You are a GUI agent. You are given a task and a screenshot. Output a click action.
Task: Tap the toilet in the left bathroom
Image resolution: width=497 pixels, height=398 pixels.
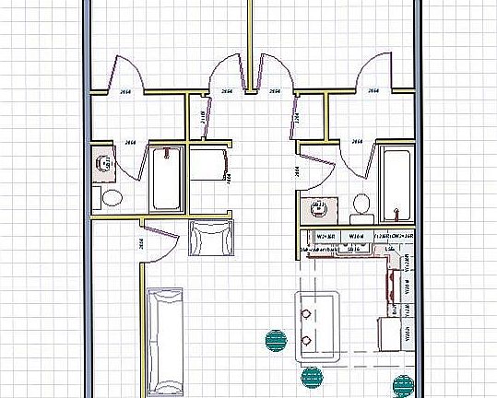click(110, 196)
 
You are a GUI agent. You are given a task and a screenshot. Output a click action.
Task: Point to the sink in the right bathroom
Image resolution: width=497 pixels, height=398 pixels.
click(320, 207)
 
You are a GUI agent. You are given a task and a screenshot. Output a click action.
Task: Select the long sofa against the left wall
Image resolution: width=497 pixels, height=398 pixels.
click(166, 338)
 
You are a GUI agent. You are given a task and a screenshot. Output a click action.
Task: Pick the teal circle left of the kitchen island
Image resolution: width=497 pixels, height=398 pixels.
click(274, 340)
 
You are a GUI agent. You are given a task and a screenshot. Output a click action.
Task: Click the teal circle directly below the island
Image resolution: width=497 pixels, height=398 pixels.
click(311, 376)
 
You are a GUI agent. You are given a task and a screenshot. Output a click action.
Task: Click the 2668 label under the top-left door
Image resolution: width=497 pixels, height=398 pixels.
click(126, 90)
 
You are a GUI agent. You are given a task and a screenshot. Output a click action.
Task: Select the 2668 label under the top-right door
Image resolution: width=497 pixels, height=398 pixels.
click(374, 91)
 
